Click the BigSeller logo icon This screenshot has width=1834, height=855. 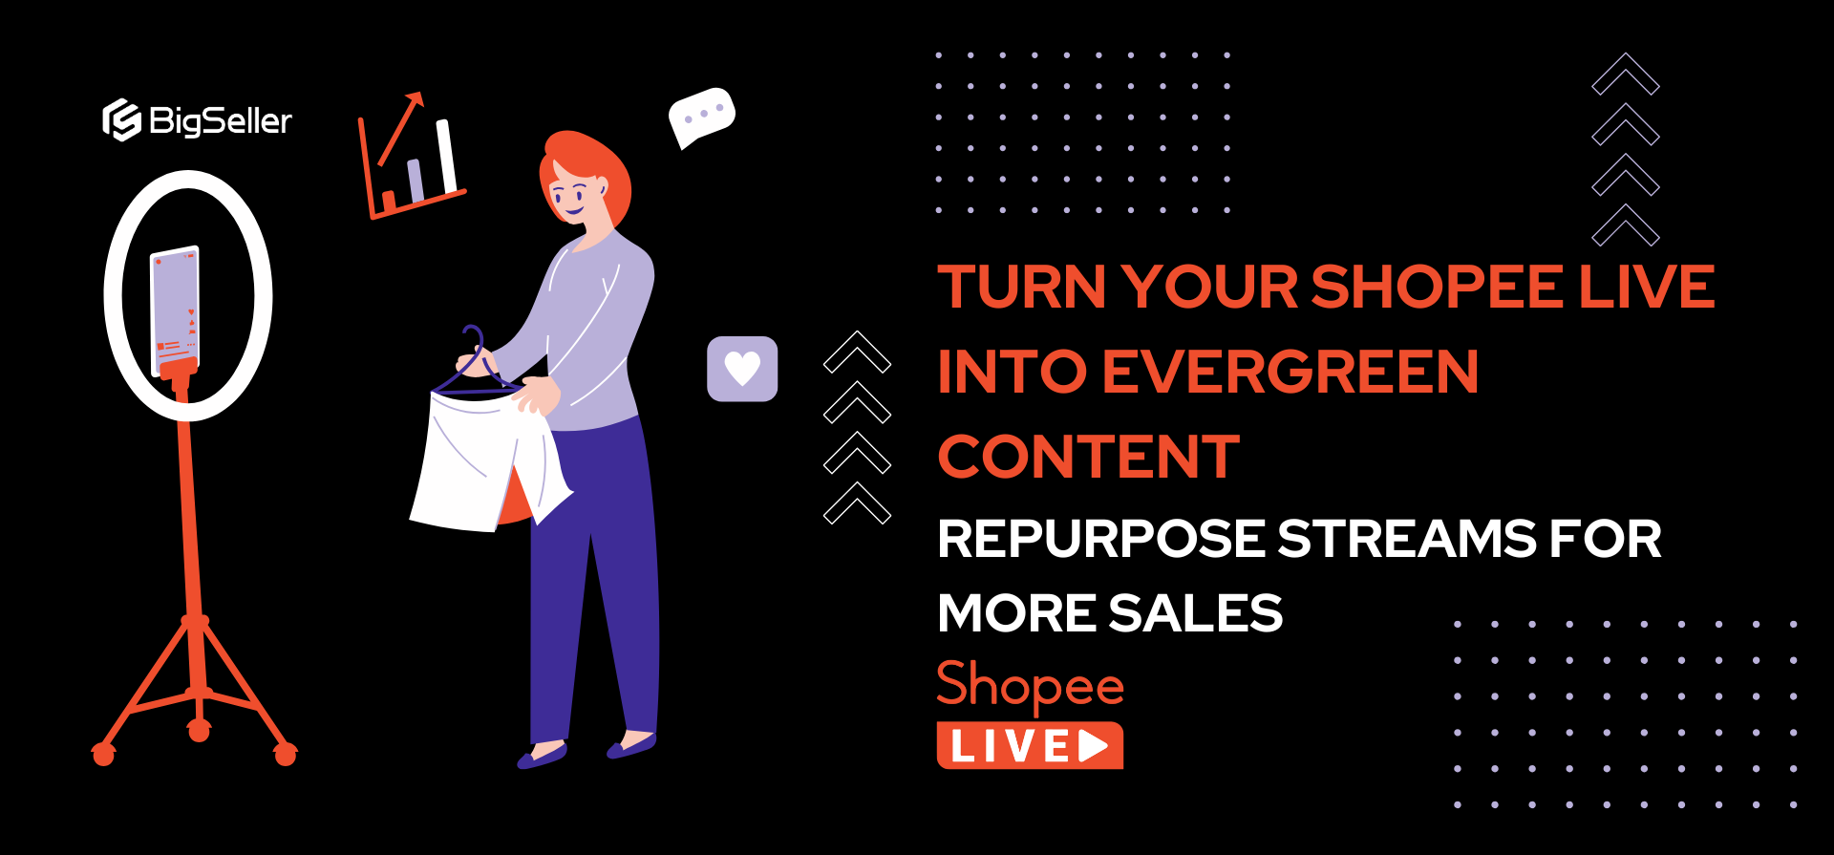coord(121,120)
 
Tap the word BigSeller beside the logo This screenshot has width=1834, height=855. coord(221,121)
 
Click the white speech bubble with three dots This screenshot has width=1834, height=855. coord(701,116)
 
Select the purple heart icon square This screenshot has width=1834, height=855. coord(742,369)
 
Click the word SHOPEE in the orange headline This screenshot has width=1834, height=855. coord(1439,287)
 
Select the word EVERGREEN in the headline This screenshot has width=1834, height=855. coord(1290,372)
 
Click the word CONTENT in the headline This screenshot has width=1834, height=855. coord(1088,457)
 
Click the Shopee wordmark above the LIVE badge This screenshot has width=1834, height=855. coord(1030,685)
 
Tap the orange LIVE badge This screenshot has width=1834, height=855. coord(1030,746)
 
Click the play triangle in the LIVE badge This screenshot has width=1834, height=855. coord(1095,746)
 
